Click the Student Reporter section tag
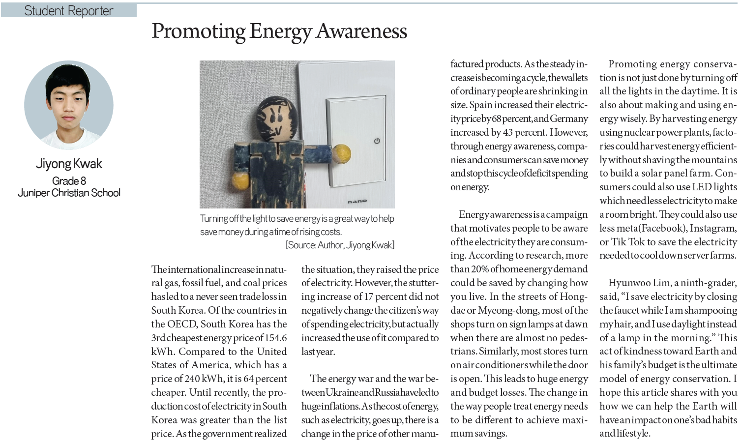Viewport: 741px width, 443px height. click(x=68, y=11)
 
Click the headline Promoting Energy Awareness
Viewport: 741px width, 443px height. click(x=279, y=31)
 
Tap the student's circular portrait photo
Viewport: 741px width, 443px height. click(x=69, y=105)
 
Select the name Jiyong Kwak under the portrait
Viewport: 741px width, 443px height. click(x=69, y=164)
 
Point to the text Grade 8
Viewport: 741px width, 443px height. click(x=69, y=181)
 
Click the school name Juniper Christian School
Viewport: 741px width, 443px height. click(x=69, y=193)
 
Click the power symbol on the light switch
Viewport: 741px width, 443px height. click(x=377, y=141)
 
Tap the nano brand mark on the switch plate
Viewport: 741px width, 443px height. click(x=357, y=202)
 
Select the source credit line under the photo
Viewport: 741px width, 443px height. click(x=340, y=245)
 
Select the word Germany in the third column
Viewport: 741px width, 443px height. click(x=569, y=118)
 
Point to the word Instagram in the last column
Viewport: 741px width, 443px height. click(x=713, y=228)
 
